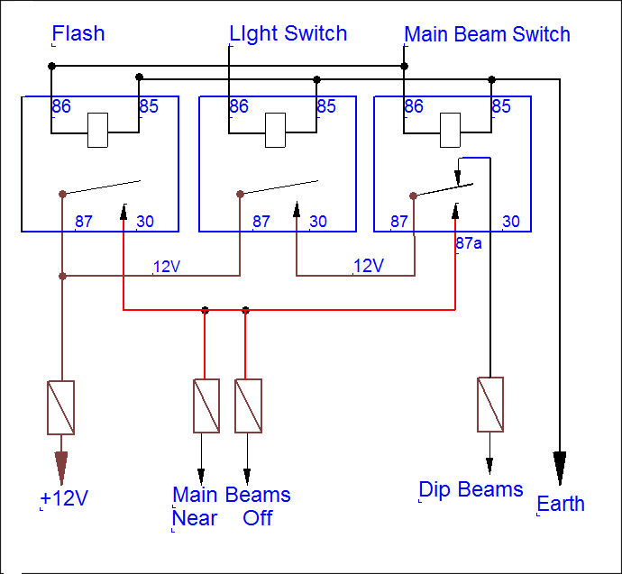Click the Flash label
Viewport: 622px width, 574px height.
pos(78,34)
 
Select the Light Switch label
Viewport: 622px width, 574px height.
pos(288,34)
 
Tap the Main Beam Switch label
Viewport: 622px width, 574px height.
pos(487,35)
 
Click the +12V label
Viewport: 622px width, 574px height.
pos(64,499)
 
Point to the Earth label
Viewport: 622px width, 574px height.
pos(561,504)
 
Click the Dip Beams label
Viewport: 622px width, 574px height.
pos(471,489)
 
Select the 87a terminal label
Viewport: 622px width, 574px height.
pos(469,243)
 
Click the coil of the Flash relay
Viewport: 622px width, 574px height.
pos(99,130)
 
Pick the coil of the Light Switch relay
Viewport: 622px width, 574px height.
pos(276,130)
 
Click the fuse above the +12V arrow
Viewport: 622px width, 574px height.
pos(60,407)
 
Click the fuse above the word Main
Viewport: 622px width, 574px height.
pos(206,405)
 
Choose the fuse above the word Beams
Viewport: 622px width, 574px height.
pos(248,405)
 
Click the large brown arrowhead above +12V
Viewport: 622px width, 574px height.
pos(61,467)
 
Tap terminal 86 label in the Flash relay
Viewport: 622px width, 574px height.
pos(61,107)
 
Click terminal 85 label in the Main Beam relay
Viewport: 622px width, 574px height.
pos(501,107)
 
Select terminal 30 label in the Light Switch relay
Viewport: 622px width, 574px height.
pos(318,222)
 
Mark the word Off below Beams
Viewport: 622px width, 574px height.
pos(257,518)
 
